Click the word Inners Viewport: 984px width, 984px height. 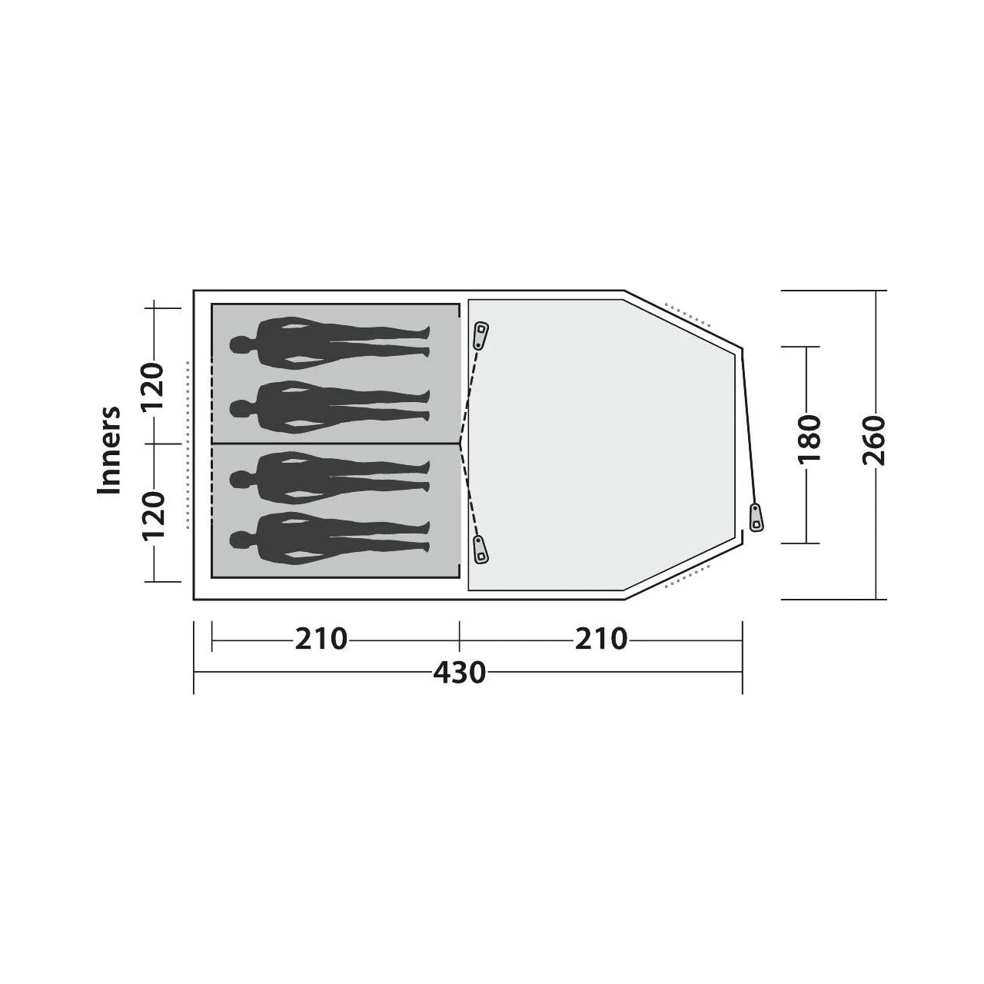coord(108,450)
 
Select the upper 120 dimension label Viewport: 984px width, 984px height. coord(153,386)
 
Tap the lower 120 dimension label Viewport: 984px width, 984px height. coord(153,516)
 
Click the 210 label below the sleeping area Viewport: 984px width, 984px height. coord(321,639)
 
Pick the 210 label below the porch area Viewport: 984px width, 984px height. coord(601,639)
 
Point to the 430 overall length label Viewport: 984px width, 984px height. coord(460,673)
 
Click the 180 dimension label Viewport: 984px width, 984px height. coord(808,440)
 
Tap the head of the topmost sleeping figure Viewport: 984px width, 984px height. coord(238,344)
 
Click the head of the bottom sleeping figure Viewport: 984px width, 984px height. coord(238,539)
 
